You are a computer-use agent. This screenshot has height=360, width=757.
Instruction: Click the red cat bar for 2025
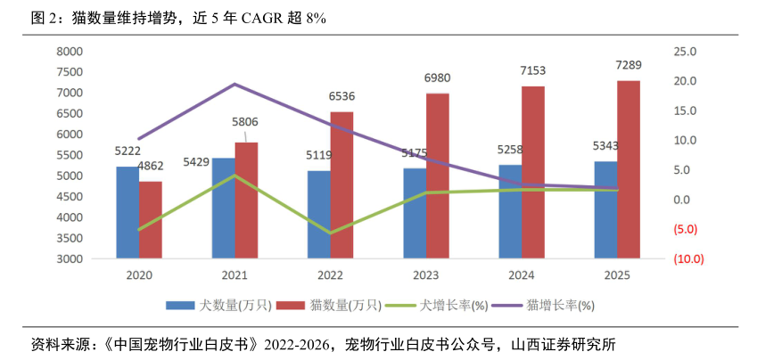(628, 169)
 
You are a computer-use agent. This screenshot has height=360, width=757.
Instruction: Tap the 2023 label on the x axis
(426, 276)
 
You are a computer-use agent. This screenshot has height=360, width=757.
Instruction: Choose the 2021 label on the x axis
(235, 276)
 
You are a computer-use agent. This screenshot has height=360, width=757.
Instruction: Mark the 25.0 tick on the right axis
(685, 52)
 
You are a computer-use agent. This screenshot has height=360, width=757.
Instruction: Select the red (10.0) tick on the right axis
(688, 259)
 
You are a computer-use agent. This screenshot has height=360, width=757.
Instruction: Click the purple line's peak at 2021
(235, 84)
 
